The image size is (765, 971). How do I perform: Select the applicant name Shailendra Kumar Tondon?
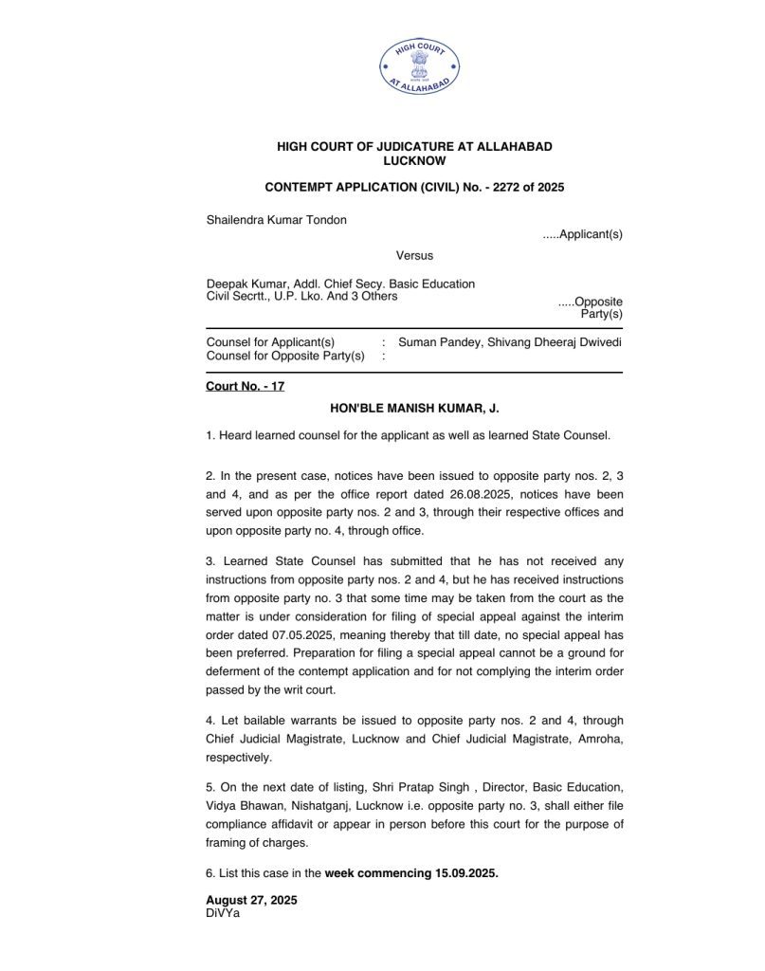coord(276,220)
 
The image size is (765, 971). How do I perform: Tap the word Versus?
coord(413,255)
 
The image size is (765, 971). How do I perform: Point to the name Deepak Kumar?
coord(238,284)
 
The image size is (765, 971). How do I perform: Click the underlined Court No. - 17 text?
coord(245,387)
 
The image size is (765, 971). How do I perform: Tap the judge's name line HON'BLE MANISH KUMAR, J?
coord(413,408)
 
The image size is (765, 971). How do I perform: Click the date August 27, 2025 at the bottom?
coord(250,900)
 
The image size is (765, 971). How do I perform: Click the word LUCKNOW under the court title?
coord(413,161)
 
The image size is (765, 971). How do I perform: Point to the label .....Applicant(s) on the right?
coord(582,233)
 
